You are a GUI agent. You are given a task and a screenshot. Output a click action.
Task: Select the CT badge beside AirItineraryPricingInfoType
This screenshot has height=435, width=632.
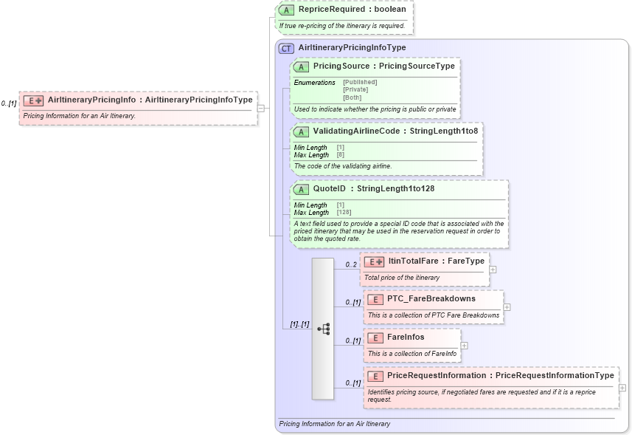(x=286, y=47)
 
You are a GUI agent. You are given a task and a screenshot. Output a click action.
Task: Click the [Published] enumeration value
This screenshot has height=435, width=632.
(x=360, y=82)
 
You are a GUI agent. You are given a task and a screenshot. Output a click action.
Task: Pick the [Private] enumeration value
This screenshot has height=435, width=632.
(x=355, y=89)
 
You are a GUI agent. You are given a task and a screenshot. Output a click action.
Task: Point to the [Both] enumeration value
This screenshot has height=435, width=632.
(x=352, y=97)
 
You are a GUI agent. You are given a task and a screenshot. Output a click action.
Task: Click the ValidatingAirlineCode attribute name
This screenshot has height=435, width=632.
(x=358, y=131)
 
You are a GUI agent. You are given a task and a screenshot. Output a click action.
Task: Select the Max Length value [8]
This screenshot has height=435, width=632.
(x=341, y=155)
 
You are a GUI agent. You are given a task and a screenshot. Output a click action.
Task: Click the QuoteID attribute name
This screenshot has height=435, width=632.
(x=330, y=189)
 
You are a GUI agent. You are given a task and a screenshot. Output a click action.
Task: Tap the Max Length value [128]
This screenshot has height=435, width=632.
(x=344, y=213)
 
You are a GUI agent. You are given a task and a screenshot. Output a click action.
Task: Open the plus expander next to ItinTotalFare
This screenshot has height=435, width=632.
(x=493, y=270)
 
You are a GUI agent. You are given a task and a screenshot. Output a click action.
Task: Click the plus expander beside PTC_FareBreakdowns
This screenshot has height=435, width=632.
(x=507, y=307)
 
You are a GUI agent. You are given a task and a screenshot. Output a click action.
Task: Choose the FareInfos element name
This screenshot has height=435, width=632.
(x=406, y=338)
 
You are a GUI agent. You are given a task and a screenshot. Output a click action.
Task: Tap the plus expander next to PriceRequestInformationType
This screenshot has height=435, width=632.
(x=622, y=388)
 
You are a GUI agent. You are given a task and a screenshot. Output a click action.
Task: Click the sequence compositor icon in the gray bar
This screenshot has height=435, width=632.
(x=323, y=329)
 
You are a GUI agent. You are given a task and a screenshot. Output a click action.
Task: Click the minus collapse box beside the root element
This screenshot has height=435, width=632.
(x=261, y=108)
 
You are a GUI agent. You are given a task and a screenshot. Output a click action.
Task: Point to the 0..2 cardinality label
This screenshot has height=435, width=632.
(x=351, y=264)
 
